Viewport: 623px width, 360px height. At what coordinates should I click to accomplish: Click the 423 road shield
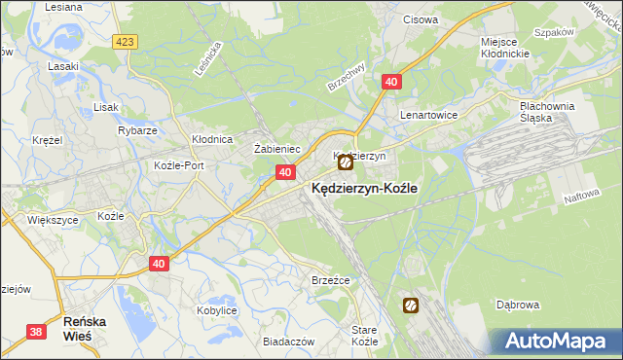(x=125, y=42)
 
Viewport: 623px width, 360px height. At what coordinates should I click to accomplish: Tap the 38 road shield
(x=36, y=332)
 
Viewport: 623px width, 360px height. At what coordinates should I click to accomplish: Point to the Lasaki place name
(x=63, y=67)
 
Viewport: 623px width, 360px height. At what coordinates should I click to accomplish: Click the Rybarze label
(x=137, y=130)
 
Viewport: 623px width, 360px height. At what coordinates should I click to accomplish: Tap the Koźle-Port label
(x=179, y=165)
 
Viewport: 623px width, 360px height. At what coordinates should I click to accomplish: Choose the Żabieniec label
(x=275, y=149)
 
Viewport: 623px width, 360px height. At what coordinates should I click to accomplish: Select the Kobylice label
(x=218, y=309)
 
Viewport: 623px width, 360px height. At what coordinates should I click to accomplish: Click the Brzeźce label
(x=330, y=279)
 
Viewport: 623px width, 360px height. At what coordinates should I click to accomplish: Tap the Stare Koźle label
(x=364, y=337)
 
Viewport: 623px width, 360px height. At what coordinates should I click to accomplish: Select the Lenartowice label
(x=429, y=114)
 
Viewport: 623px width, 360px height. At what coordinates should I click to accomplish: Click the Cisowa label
(x=420, y=18)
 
